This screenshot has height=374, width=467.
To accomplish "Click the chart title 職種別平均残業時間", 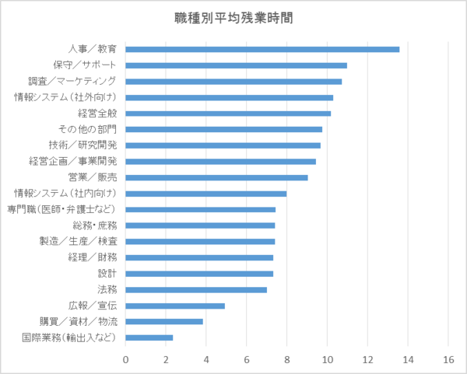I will (x=234, y=17).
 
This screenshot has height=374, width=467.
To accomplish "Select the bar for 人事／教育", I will (x=262, y=49).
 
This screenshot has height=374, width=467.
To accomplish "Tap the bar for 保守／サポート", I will (x=236, y=65).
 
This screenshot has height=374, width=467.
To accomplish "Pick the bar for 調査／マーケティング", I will (x=233, y=81).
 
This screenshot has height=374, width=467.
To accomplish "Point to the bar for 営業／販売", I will (x=216, y=177).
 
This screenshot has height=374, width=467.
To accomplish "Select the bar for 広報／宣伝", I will (x=175, y=306).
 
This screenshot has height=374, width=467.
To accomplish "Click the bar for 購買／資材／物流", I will (x=164, y=321).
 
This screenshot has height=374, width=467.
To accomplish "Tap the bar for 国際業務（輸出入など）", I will (x=149, y=337).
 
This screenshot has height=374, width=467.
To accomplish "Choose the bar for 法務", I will (x=196, y=289).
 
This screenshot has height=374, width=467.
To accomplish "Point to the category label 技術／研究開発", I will (x=82, y=145).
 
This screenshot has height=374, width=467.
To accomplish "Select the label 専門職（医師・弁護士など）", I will (x=62, y=210).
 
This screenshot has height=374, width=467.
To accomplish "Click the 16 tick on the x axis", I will (x=448, y=359).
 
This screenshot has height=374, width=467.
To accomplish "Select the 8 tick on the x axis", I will (x=287, y=359).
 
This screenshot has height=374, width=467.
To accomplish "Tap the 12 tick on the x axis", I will (x=367, y=359).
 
